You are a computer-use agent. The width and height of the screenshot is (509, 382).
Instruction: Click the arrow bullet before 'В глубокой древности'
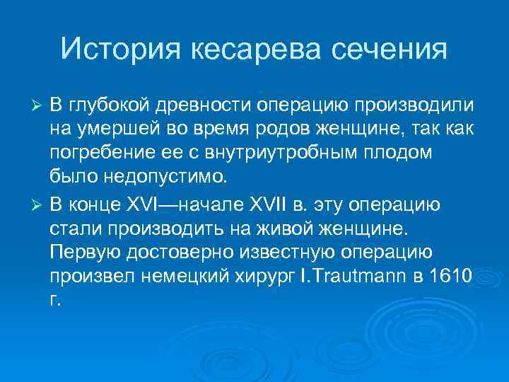pyautogui.click(x=40, y=105)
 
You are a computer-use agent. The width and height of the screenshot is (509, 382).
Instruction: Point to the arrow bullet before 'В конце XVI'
pyautogui.click(x=40, y=207)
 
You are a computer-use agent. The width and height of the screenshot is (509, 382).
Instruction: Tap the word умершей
pyautogui.click(x=110, y=130)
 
